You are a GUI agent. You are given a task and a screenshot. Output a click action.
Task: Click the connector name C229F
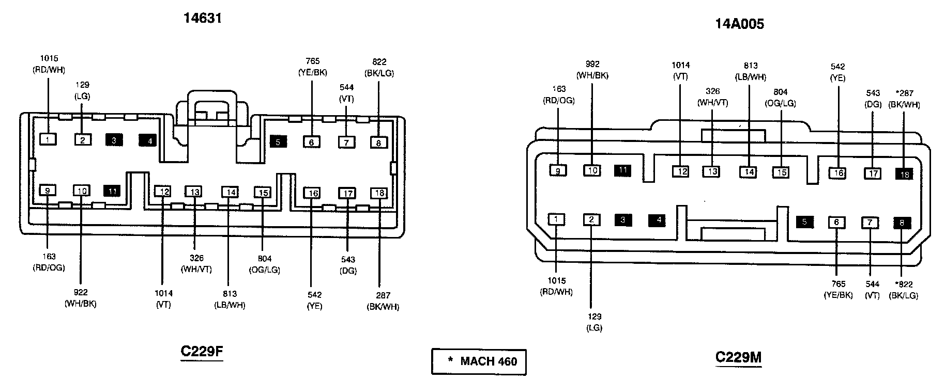point(202,352)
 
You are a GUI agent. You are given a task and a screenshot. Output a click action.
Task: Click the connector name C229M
point(738,357)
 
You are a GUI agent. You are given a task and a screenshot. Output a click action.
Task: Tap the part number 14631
point(203,19)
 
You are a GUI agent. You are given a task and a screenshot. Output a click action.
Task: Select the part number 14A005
point(739,24)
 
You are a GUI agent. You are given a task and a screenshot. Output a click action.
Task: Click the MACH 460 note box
point(479,361)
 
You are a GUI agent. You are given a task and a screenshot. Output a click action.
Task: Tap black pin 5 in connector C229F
point(278,141)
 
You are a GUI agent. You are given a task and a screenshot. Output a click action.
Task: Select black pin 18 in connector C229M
point(904,174)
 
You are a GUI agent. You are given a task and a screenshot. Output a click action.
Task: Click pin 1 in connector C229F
point(48,139)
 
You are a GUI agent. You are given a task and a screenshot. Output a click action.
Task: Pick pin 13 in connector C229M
point(713,171)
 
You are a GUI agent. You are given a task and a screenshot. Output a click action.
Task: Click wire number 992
point(592,65)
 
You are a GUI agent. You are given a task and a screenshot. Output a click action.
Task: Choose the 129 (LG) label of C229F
point(82,90)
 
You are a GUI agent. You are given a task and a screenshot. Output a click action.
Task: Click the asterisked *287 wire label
point(904,99)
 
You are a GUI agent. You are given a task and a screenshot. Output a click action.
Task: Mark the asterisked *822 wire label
point(903,290)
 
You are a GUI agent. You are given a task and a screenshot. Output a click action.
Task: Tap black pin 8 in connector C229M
point(902,224)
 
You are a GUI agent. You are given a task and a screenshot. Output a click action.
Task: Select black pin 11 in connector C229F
point(112,192)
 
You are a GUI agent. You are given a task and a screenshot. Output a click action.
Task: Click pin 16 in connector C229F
point(312,194)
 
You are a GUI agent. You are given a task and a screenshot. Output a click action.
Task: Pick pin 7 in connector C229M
point(870,223)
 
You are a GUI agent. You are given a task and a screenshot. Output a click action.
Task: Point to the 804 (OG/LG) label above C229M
point(780,98)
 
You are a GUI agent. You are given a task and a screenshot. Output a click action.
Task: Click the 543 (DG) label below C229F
point(348,265)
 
